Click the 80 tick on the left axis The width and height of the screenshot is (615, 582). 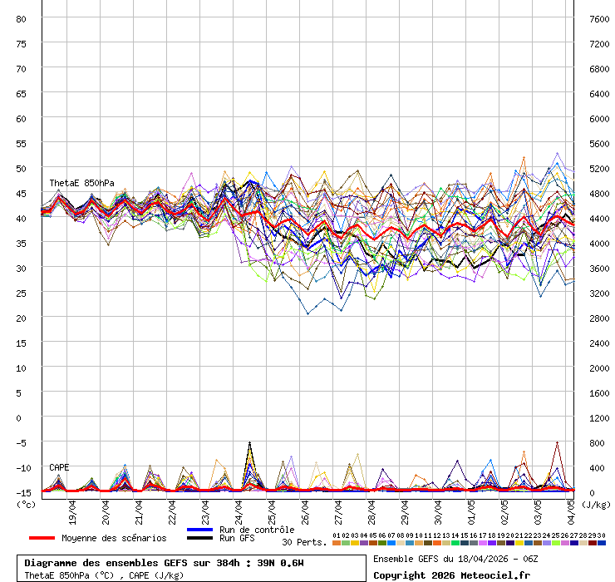click(22, 18)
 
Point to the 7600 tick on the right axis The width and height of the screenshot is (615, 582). click(599, 18)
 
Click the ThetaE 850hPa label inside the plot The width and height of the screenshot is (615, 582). click(81, 183)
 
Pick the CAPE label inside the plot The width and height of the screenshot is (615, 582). click(59, 467)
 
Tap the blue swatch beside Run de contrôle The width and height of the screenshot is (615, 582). click(200, 530)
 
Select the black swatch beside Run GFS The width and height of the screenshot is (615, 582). click(200, 539)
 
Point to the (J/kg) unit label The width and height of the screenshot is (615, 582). click(595, 504)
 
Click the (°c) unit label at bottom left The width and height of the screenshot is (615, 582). click(27, 504)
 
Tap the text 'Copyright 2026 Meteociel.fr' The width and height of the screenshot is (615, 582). click(450, 575)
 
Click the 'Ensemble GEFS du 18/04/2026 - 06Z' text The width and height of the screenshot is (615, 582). click(455, 559)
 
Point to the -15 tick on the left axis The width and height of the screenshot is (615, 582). click(22, 492)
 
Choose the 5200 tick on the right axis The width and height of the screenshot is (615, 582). click(599, 168)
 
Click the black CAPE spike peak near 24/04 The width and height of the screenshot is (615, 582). click(249, 443)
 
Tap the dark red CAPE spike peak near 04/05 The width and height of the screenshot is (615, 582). click(557, 443)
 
